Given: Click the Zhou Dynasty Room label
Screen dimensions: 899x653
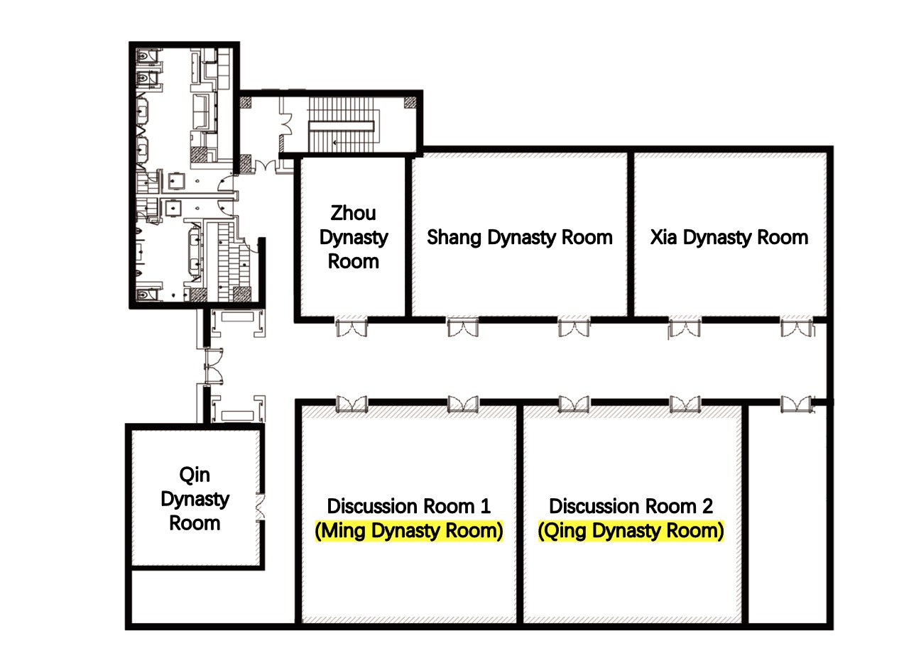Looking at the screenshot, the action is (x=354, y=237).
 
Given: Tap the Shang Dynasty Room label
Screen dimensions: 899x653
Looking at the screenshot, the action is (x=520, y=237).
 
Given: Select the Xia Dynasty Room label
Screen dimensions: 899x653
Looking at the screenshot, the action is (x=729, y=237).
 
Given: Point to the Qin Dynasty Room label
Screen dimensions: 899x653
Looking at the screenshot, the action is (x=195, y=499).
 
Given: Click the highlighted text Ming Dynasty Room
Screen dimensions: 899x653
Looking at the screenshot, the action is (x=409, y=531).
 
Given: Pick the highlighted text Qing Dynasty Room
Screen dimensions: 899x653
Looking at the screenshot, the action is (x=631, y=531).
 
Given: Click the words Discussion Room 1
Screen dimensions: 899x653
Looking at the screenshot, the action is (x=409, y=506).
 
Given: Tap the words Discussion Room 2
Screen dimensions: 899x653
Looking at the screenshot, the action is (x=631, y=506).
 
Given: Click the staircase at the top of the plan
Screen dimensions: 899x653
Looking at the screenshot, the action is (x=342, y=125).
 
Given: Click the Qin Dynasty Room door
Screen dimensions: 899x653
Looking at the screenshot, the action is (x=261, y=507).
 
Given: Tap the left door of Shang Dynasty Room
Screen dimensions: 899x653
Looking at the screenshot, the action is (x=463, y=326).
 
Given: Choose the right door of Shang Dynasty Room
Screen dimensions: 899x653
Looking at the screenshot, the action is (x=574, y=326).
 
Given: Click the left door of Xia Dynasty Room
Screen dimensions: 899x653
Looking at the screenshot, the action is (x=685, y=327).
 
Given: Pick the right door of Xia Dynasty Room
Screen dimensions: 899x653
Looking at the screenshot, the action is (x=797, y=326).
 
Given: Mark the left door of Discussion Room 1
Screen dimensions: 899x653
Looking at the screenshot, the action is (x=352, y=404).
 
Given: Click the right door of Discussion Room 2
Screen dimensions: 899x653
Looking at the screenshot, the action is (x=685, y=404).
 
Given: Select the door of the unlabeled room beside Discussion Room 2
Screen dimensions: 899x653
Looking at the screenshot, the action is (x=797, y=404).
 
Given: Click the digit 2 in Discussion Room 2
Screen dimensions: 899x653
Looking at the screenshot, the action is (x=707, y=506).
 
